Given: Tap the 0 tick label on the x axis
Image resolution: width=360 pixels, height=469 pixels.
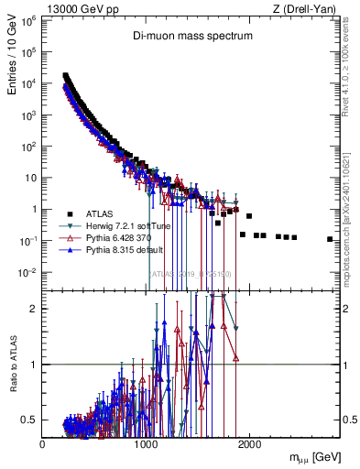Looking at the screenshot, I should point(43,443).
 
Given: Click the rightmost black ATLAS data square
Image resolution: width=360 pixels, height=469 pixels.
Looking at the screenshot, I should point(330,239).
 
